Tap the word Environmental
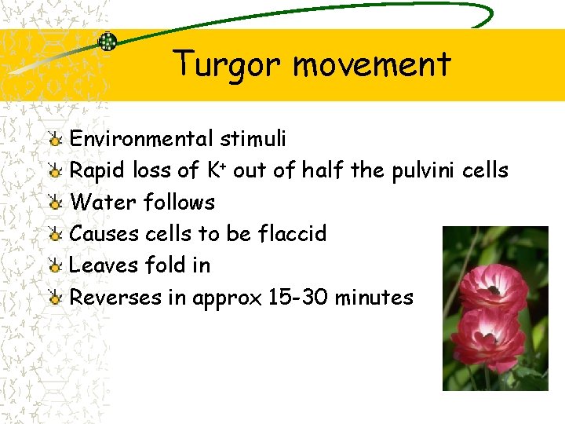click(140, 139)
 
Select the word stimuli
click(253, 139)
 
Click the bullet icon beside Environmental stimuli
click(54, 140)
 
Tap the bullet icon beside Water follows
click(54, 203)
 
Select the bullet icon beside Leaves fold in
click(54, 265)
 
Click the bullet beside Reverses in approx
click(54, 298)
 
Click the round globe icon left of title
click(108, 42)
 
